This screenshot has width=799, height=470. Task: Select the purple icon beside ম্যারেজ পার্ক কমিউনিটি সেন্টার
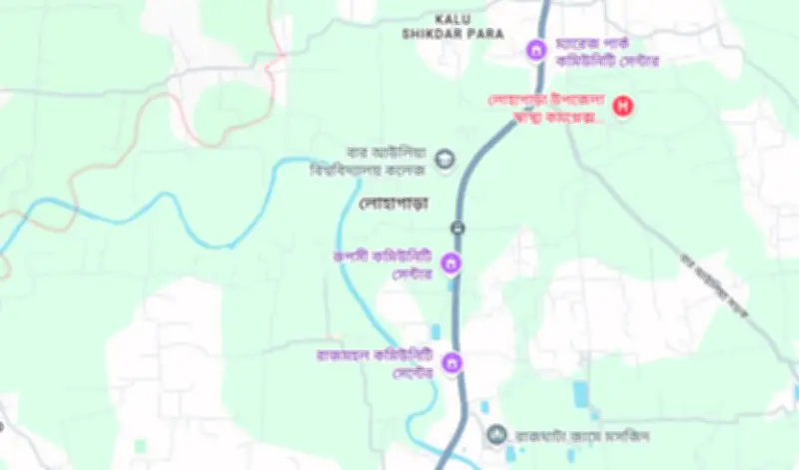536,49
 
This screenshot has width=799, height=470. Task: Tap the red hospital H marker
624,105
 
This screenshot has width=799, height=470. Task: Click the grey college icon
445,158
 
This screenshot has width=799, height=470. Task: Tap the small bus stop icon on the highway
457,228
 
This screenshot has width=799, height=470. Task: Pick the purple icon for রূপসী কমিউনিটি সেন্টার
450,263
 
